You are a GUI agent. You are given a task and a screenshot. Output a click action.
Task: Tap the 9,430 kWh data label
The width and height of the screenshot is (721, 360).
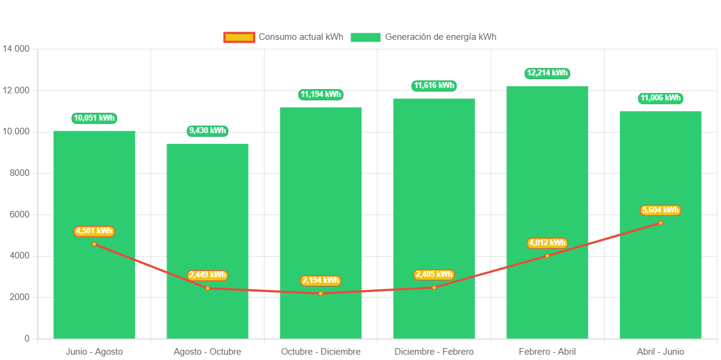pos(207,131)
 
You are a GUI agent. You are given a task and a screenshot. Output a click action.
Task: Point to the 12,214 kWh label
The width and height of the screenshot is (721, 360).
pos(547,73)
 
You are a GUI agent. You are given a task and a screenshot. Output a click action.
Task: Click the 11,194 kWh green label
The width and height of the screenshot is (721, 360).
pos(321,94)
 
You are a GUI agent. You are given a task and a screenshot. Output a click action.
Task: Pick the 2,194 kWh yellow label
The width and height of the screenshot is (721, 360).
pos(321,280)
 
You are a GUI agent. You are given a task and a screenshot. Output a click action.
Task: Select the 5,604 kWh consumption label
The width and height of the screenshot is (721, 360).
pos(660,210)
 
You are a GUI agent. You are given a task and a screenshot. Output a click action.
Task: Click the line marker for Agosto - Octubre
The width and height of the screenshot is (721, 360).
pos(207,288)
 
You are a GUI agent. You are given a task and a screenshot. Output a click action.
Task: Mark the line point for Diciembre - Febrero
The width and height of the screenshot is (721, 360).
pos(434,288)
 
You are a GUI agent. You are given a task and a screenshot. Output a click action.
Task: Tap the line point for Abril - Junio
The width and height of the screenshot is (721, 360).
pos(660,223)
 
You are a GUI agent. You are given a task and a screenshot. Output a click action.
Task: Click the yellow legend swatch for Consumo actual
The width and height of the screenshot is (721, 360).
pos(239,37)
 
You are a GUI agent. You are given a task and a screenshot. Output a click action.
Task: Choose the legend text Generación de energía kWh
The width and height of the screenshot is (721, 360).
pos(440,37)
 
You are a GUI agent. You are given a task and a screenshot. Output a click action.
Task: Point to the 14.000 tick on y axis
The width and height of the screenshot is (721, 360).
pos(16,49)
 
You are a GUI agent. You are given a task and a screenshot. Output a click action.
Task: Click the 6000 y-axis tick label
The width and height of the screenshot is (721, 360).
pos(18,214)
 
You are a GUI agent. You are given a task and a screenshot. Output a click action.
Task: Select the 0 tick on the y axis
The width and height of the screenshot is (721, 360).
pos(27,339)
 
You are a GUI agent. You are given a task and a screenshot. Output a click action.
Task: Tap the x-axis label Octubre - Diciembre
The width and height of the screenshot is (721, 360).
pos(321,352)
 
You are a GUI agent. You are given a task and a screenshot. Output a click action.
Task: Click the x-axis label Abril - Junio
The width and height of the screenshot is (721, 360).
pos(660,352)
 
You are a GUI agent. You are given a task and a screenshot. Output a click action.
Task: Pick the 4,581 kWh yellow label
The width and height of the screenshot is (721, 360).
pos(94,231)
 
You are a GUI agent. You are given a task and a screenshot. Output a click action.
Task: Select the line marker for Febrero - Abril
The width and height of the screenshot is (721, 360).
pos(547,256)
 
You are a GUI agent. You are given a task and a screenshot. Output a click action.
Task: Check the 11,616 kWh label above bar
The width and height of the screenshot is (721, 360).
pos(434,86)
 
